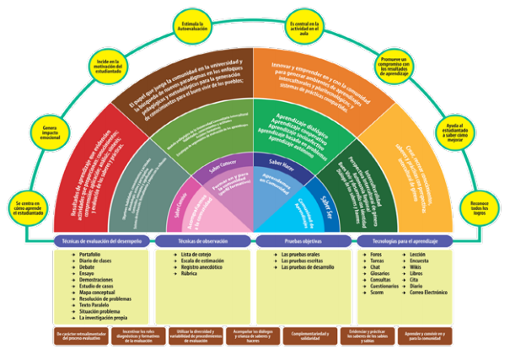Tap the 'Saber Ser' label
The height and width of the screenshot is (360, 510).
330,201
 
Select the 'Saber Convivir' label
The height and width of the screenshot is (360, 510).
180,206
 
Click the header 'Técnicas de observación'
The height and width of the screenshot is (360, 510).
204,242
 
